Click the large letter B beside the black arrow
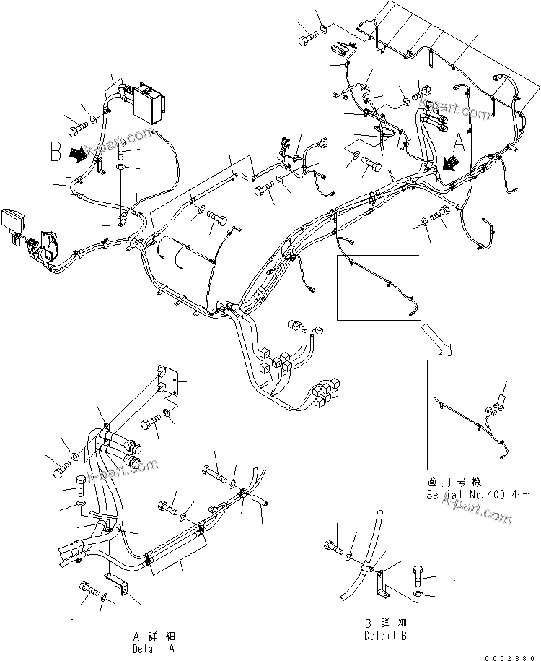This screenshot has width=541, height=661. pos(56,152)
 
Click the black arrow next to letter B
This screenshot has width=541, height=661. pos(77,154)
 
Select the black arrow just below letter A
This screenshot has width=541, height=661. pos(454,163)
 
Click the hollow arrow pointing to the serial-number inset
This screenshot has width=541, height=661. pos(441,344)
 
